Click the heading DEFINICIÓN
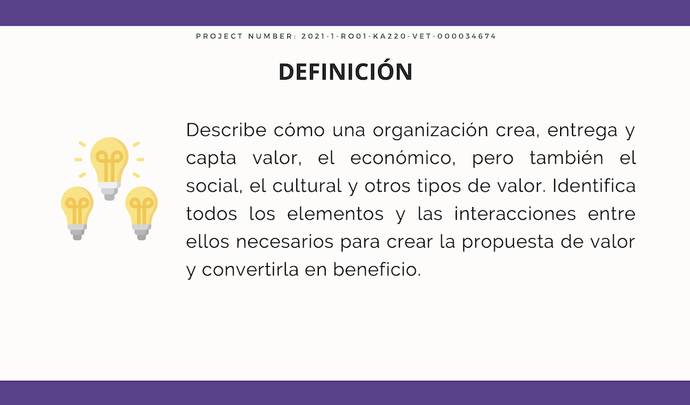pos(346,71)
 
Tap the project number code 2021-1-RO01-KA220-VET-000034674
pos(399,36)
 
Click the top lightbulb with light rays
pos(109,168)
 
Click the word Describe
pos(226,130)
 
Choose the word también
pos(566,157)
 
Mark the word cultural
pos(307,185)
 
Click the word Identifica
pos(594,185)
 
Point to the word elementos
pos(335,213)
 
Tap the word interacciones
pos(515,213)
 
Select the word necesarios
pos(285,242)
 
